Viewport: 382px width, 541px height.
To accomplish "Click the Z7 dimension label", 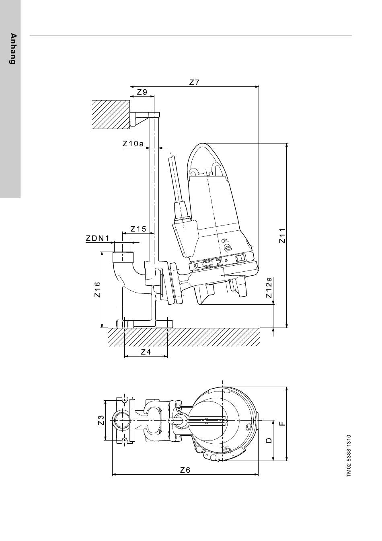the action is click(x=194, y=82).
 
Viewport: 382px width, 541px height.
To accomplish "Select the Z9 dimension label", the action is click(x=142, y=92).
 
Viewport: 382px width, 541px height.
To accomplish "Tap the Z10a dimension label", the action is click(x=133, y=144).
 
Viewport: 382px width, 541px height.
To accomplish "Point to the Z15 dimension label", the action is click(x=138, y=229).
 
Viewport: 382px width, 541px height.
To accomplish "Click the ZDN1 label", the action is click(x=98, y=238).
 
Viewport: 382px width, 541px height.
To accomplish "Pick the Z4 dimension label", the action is click(x=146, y=352).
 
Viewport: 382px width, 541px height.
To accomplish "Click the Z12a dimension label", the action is click(x=269, y=288).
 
